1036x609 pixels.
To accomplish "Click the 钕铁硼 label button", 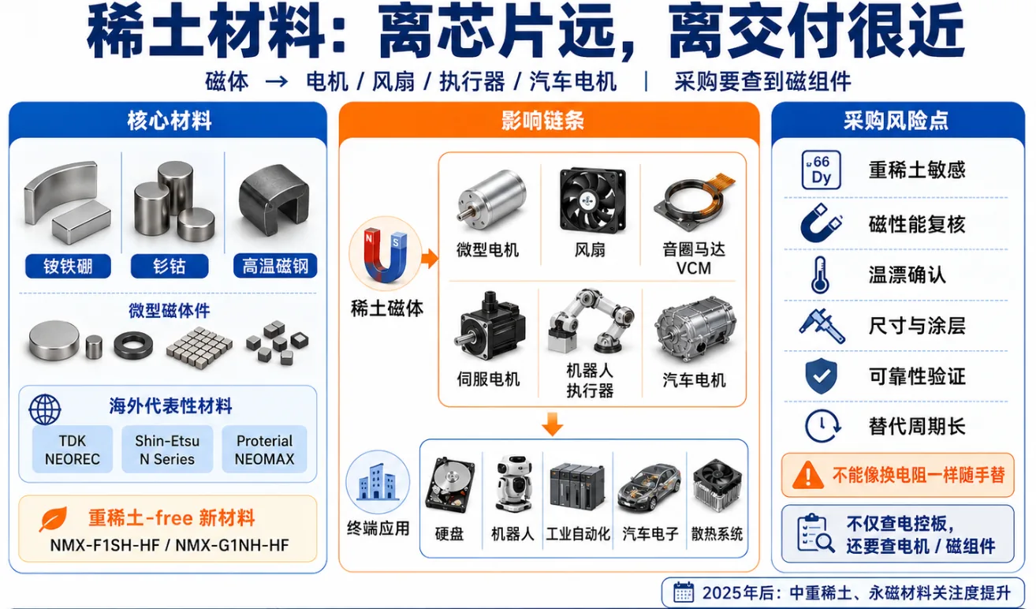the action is (x=68, y=266).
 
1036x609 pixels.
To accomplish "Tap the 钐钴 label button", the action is (x=170, y=266).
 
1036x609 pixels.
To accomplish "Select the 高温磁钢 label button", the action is (x=275, y=266).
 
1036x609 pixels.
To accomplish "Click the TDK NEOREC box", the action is (x=73, y=450).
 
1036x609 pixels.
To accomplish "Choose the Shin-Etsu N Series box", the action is (x=167, y=450).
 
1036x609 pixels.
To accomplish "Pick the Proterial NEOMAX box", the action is (x=265, y=450).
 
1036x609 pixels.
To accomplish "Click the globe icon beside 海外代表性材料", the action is (x=45, y=409).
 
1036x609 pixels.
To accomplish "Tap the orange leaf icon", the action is (x=53, y=519).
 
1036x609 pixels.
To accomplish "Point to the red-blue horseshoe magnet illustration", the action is (x=386, y=253).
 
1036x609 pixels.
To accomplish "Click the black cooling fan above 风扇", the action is (x=592, y=200).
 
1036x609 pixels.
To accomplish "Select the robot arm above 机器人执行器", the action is (x=591, y=321).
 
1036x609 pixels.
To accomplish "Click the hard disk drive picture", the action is (x=449, y=485).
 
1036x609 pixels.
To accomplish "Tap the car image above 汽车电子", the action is (x=650, y=488).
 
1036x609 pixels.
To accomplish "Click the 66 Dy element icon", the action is (x=821, y=170).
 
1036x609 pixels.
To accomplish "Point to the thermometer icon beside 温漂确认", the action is (x=820, y=275).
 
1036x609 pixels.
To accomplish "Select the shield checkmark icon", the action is (x=821, y=375).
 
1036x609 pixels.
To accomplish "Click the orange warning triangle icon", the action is (x=807, y=475).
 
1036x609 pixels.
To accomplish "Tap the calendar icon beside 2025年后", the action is (x=683, y=592).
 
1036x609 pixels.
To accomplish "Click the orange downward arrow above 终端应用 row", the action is (x=552, y=424).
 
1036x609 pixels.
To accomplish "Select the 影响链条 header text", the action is (x=543, y=121).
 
